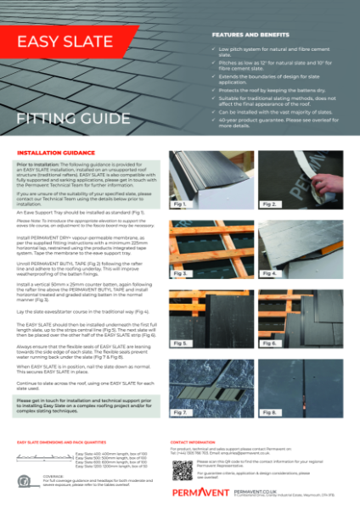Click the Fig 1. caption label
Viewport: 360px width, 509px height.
click(x=180, y=228)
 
